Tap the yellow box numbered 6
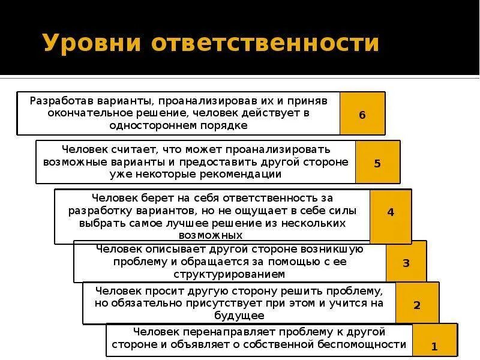click(362, 114)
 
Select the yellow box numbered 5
click(377, 163)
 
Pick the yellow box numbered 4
click(391, 212)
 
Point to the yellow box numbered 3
click(406, 263)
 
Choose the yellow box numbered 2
click(417, 305)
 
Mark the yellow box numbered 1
click(434, 346)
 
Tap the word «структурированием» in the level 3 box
click(229, 274)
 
